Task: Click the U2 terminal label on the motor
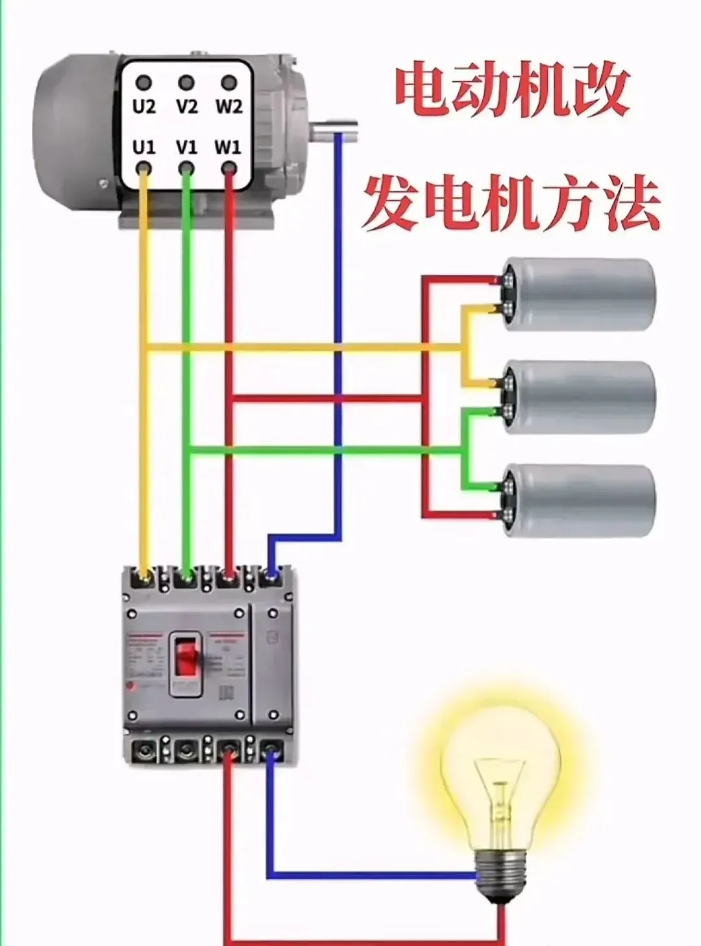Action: click(144, 106)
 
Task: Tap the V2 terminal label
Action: click(186, 106)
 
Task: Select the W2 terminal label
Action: click(228, 106)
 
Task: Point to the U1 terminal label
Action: click(144, 147)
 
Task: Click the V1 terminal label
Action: click(186, 147)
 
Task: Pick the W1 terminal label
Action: click(228, 147)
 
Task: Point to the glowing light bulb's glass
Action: click(500, 773)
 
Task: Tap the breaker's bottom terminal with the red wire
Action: click(228, 753)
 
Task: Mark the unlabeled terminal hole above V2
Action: click(186, 83)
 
